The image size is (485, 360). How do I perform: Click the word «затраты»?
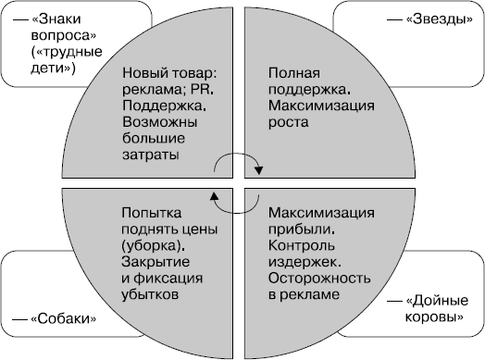(149, 156)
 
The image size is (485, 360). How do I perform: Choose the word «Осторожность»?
(319, 278)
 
